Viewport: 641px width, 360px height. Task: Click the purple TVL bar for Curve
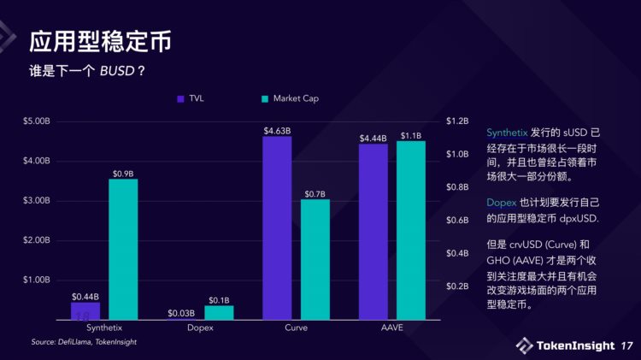[277, 227]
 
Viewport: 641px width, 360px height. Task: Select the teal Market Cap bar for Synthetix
[123, 249]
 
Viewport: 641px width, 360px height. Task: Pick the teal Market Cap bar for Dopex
[219, 312]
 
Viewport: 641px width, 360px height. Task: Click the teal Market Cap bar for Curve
[315, 259]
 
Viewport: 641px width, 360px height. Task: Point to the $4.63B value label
[277, 131]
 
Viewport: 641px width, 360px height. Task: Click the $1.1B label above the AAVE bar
[411, 136]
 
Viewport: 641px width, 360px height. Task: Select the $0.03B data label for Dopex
[181, 313]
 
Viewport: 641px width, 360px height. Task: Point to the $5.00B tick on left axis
[38, 121]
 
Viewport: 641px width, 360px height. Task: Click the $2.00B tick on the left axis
[38, 240]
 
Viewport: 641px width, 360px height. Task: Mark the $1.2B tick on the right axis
[457, 121]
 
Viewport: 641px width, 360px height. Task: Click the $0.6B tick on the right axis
[457, 220]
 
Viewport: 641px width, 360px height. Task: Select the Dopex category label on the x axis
[200, 328]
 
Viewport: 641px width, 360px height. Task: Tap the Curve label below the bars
[296, 328]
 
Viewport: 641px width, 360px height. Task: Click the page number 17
[627, 345]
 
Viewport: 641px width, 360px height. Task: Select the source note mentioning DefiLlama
[84, 342]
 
